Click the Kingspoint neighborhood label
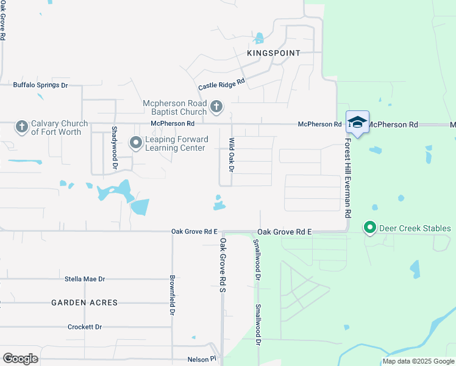274,53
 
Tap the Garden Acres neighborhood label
84,303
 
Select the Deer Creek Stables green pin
369,228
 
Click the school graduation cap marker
357,122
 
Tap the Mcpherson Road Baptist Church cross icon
216,108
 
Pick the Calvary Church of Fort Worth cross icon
21,127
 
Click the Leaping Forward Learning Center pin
135,143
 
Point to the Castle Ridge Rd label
221,82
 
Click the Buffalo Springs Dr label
40,85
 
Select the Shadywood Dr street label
114,148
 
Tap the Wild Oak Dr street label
232,155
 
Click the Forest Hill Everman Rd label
348,178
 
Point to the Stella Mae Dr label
85,279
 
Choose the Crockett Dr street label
85,327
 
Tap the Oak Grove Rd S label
223,265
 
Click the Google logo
20,359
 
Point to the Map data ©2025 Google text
418,361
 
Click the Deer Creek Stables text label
415,229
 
